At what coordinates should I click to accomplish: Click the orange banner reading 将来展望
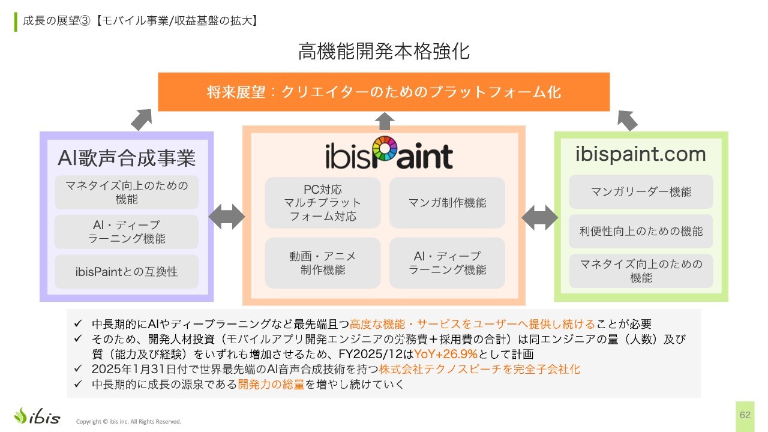pos(384,92)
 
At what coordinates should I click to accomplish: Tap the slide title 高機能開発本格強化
pos(384,52)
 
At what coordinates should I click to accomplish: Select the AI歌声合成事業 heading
pos(127,158)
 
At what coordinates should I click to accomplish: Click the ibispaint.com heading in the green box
pos(641,155)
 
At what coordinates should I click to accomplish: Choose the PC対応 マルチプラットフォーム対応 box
pos(323,203)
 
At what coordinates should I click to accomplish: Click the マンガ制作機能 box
pos(447,203)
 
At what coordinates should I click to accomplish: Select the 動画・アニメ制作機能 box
pos(323,263)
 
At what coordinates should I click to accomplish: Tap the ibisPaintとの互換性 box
pos(127,271)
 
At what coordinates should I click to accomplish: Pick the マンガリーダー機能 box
pos(641,192)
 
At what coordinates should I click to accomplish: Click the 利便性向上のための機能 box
pos(641,231)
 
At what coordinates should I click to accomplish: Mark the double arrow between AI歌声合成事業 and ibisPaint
pos(227,217)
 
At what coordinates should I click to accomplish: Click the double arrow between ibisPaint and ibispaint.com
pos(539,217)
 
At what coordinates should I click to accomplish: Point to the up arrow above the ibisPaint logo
pos(384,121)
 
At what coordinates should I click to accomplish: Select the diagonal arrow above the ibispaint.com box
pos(627,119)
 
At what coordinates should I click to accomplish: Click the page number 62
pos(745,415)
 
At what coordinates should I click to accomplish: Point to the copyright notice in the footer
pos(128,421)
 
